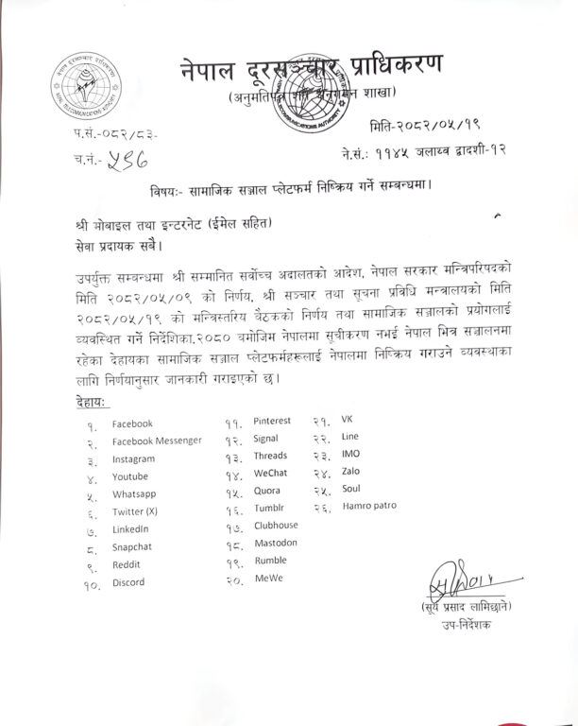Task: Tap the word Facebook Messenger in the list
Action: pyautogui.click(x=157, y=441)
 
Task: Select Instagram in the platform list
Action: pyautogui.click(x=133, y=459)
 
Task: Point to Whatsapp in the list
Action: pyautogui.click(x=133, y=494)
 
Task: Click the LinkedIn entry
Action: pyautogui.click(x=130, y=529)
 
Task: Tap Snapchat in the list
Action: pyautogui.click(x=132, y=546)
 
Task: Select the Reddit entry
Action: pyautogui.click(x=127, y=564)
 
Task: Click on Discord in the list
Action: pyautogui.click(x=128, y=582)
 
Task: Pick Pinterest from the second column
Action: pyautogui.click(x=272, y=420)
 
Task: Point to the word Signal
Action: pyautogui.click(x=265, y=439)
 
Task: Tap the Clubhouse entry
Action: pyautogui.click(x=276, y=525)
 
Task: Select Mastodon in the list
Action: pyautogui.click(x=276, y=543)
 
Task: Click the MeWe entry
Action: pyautogui.click(x=268, y=578)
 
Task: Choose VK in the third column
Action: pyautogui.click(x=347, y=419)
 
